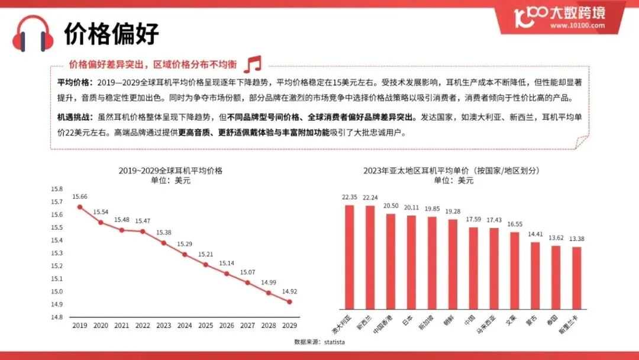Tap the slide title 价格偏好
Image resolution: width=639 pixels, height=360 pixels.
(x=112, y=33)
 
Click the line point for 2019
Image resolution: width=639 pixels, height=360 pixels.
(x=79, y=207)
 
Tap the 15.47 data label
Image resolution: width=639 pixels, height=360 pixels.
(x=143, y=221)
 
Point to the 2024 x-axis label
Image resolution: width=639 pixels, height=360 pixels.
(x=185, y=325)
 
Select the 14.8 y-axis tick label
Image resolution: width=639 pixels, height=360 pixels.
(x=57, y=317)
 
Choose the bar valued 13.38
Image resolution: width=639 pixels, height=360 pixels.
(x=577, y=278)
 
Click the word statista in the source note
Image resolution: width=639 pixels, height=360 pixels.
(x=334, y=342)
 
